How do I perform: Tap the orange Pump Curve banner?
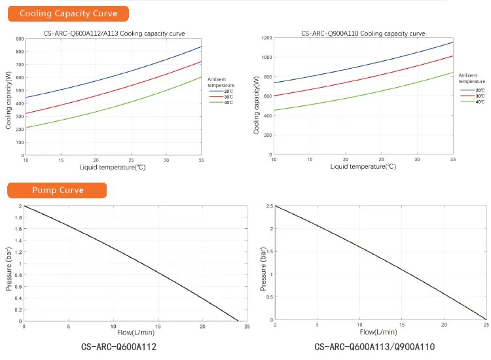pyautogui.click(x=58, y=190)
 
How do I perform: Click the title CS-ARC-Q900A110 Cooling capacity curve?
pyautogui.click(x=363, y=33)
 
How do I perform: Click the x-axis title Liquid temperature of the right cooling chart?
pyautogui.click(x=363, y=166)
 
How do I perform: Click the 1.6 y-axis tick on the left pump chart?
pyautogui.click(x=18, y=229)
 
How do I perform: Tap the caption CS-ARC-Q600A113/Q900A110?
pyautogui.click(x=374, y=346)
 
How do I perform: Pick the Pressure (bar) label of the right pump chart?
pyautogui.click(x=263, y=264)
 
